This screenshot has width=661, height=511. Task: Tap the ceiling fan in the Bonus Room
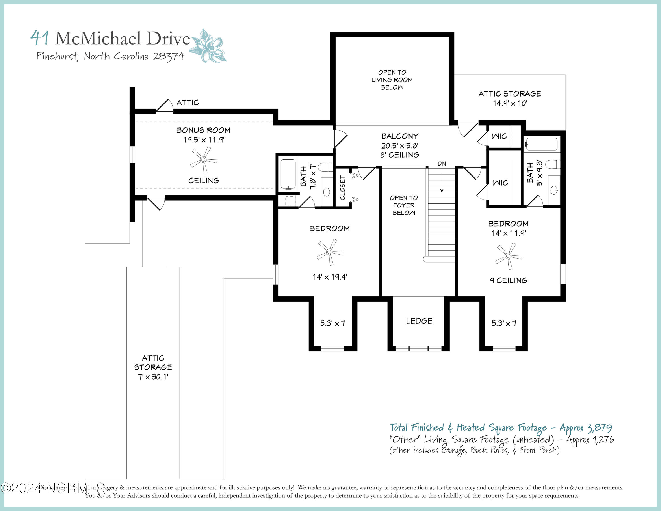coord(203,160)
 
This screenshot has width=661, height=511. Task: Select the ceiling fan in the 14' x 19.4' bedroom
coord(330,252)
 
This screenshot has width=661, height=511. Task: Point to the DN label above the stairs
coord(442,164)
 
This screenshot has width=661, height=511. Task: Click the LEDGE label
coord(419,321)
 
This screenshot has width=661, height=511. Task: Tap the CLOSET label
coord(343,188)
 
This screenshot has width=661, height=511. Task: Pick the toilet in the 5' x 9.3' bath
coord(553,164)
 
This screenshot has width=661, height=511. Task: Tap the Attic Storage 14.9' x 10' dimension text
coord(510,103)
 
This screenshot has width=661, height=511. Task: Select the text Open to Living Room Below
coord(392,80)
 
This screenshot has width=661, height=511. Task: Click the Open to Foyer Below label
coord(404,205)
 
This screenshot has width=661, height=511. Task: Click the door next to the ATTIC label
coord(164,106)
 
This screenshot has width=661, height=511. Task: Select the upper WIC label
coord(499,136)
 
